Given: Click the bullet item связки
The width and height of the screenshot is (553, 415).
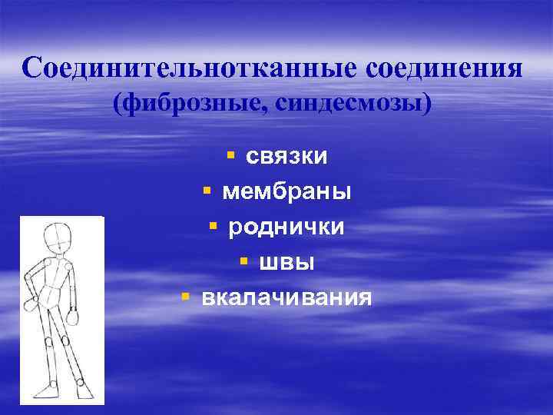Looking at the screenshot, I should pos(286,156).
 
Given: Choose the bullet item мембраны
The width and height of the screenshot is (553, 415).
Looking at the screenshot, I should pos(286,191).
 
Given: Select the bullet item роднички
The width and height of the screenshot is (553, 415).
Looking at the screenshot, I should pos(286,227).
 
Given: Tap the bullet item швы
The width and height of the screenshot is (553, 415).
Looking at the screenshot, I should pos(286,262).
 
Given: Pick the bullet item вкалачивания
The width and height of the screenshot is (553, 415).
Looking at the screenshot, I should pos(286,297).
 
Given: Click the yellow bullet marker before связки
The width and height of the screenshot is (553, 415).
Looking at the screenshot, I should pos(231,156).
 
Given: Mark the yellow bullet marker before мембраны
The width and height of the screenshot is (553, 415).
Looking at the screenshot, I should pos(207,191).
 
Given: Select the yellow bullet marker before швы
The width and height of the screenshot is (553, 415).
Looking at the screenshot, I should pos(243,262).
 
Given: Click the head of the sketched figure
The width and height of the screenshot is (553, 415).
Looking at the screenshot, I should pos(58,237).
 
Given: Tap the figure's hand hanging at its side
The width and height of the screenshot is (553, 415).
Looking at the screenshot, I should pos(75,316).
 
